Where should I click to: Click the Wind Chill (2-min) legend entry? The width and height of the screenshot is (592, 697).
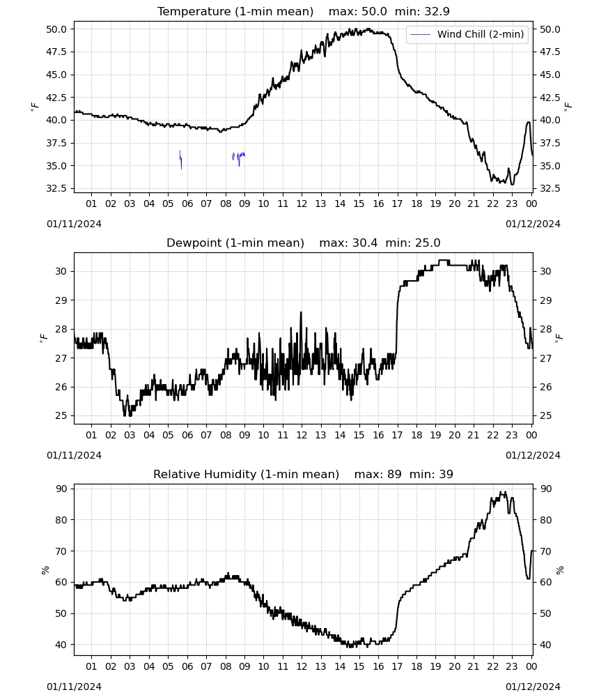pyautogui.click(x=467, y=34)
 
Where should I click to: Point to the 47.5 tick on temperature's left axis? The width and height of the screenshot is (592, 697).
pyautogui.click(x=56, y=52)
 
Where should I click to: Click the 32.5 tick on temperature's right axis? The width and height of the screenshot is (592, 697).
pyautogui.click(x=550, y=188)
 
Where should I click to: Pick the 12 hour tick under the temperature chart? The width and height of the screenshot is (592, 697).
pyautogui.click(x=302, y=204)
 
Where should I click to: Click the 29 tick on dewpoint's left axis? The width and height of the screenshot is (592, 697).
pyautogui.click(x=61, y=300)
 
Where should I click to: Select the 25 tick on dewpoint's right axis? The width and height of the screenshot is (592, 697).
pyautogui.click(x=545, y=416)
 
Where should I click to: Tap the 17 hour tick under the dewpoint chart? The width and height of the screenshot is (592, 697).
pyautogui.click(x=397, y=435)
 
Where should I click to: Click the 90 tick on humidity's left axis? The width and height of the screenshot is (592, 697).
pyautogui.click(x=61, y=489)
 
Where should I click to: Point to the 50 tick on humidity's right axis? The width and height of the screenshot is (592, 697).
pyautogui.click(x=545, y=613)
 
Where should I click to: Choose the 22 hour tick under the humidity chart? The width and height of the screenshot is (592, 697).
pyautogui.click(x=492, y=666)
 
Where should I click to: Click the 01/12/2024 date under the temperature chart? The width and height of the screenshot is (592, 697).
pyautogui.click(x=533, y=224)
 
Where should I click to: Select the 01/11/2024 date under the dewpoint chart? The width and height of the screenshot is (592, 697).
pyautogui.click(x=74, y=455)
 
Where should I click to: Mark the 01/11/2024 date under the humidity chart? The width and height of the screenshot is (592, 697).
pyautogui.click(x=74, y=687)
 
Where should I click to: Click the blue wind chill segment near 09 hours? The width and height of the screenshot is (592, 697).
pyautogui.click(x=239, y=157)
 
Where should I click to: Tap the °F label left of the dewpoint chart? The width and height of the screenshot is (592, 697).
pyautogui.click(x=43, y=338)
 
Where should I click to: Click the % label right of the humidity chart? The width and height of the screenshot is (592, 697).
pyautogui.click(x=559, y=570)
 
